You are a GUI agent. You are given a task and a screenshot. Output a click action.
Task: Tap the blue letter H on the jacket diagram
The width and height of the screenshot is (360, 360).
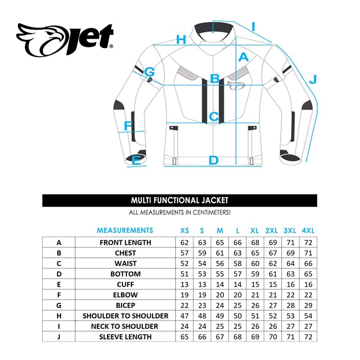click(x=181, y=40)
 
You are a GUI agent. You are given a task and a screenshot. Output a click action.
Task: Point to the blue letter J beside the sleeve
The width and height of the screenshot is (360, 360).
click(x=313, y=79)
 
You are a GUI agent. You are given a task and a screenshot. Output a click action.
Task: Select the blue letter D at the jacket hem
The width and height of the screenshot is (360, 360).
click(x=213, y=160)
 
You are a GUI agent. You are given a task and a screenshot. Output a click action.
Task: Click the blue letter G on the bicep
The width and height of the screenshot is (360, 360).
click(x=149, y=72)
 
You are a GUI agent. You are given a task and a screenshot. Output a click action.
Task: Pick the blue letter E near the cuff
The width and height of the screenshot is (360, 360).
click(x=136, y=160)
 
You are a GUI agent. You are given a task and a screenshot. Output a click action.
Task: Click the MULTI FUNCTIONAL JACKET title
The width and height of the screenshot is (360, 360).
click(x=180, y=200)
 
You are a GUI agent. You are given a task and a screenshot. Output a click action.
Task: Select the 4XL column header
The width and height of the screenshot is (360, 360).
click(x=308, y=230)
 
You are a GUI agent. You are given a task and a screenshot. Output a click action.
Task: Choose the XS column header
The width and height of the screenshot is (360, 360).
click(x=184, y=230)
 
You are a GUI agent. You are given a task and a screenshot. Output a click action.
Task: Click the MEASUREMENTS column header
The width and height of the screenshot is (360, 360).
click(x=125, y=230)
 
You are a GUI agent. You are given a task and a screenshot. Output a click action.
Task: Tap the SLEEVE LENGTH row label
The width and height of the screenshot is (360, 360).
click(x=125, y=337)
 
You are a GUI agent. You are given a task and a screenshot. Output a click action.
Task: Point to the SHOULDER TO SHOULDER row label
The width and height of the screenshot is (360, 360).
click(x=125, y=316)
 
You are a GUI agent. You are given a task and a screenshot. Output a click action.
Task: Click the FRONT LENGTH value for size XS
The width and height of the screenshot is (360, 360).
click(x=184, y=243)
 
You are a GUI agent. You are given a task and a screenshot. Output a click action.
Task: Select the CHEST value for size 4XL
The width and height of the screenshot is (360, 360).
click(x=308, y=253)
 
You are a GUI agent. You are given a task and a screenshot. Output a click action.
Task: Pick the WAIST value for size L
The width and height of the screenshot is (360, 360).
click(x=238, y=263)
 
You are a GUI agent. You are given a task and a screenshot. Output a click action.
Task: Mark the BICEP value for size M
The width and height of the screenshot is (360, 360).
click(x=220, y=305)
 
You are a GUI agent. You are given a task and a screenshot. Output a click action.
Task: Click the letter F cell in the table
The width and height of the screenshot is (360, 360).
click(x=59, y=295)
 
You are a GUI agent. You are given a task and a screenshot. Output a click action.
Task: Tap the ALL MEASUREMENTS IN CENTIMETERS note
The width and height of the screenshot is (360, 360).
click(x=180, y=212)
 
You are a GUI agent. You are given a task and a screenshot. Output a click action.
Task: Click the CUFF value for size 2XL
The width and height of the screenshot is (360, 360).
click(x=272, y=284)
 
